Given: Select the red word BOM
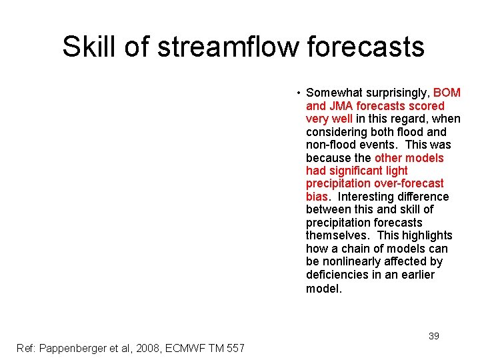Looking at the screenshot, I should tap(447, 93).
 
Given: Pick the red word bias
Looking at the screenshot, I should tap(316, 197).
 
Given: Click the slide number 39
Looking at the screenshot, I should tap(433, 336).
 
